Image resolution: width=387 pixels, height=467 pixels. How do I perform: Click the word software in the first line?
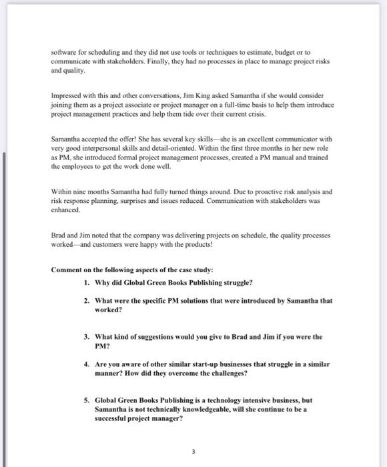pos(63,52)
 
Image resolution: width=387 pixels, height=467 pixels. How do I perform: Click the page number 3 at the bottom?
pos(192,450)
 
